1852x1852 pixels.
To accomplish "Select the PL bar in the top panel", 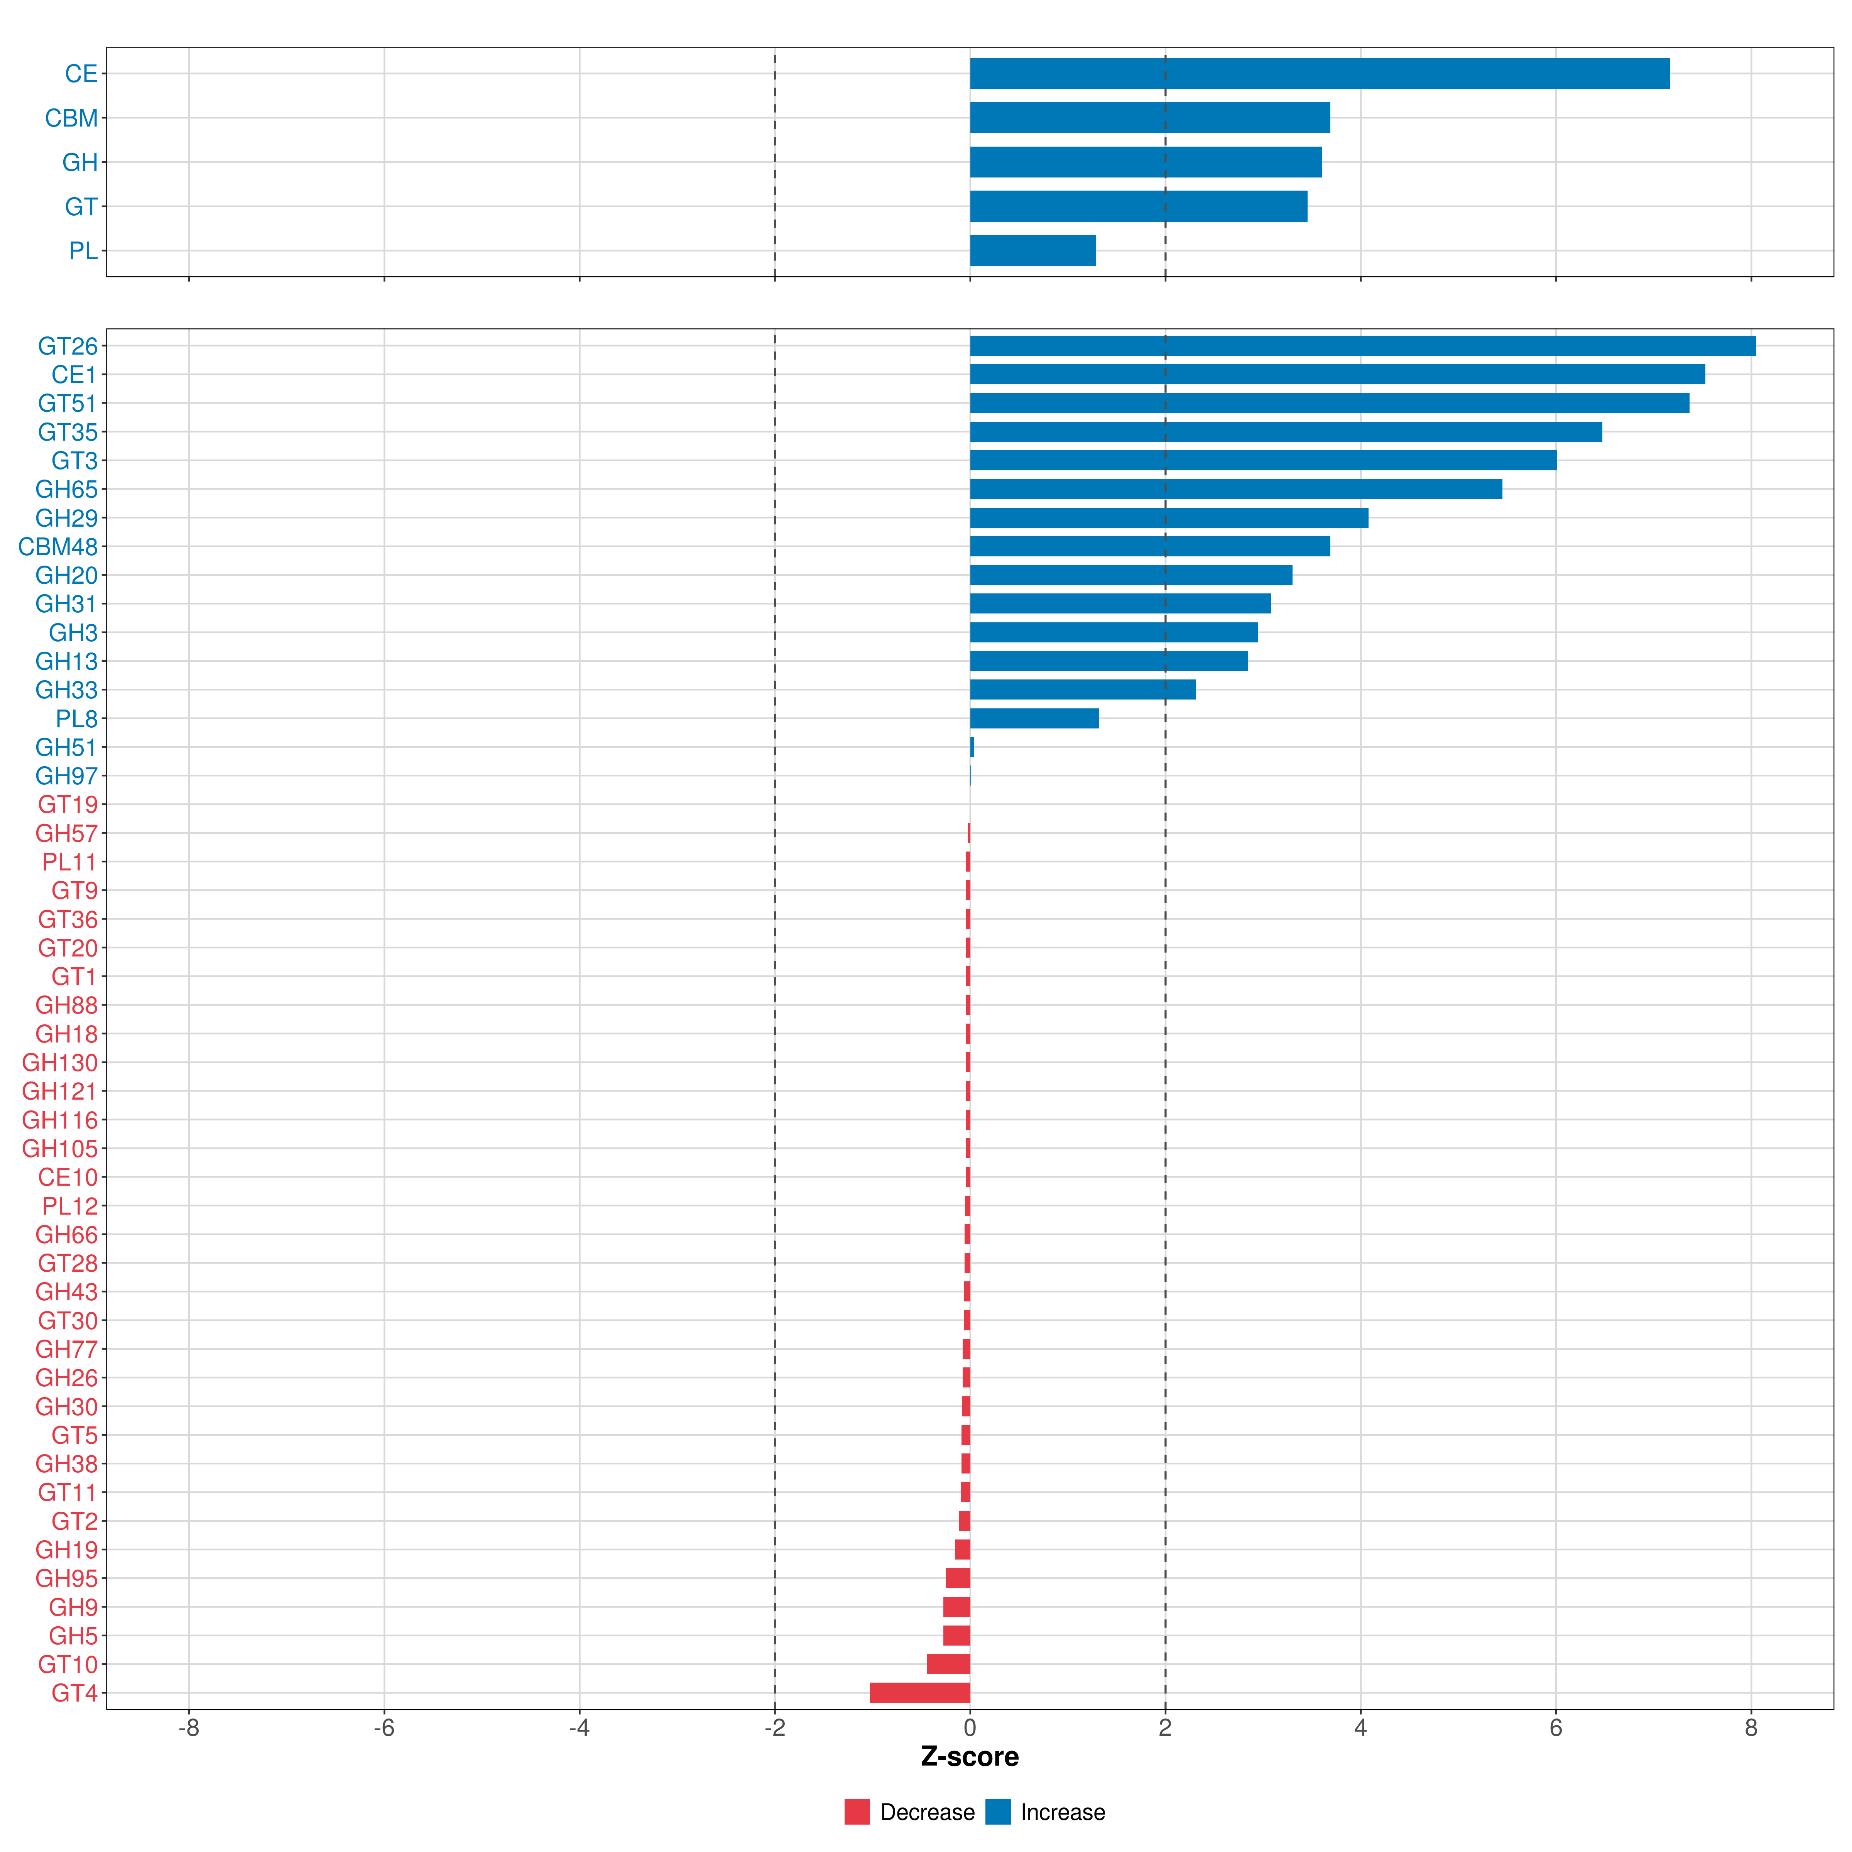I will point(1032,251).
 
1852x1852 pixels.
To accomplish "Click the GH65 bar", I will point(1235,489).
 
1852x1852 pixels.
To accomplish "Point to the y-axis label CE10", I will point(68,1177).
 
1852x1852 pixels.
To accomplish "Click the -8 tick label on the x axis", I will point(189,1729).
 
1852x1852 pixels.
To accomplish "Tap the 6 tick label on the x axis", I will point(1556,1729).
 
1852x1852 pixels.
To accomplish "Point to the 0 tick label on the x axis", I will point(970,1729).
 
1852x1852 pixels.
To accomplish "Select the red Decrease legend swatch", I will point(857,1812).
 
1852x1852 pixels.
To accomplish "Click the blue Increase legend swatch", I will point(998,1812).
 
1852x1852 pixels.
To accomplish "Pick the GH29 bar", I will point(1169,518).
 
